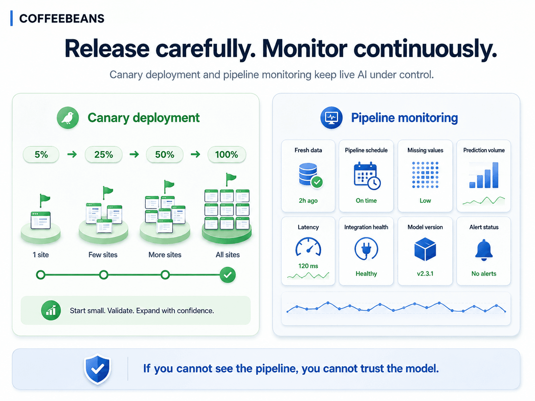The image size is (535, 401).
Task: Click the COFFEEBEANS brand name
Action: (62, 18)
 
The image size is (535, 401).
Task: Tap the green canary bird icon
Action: (68, 117)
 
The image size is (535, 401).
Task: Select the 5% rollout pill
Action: (41, 154)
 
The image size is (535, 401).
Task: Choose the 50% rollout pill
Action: (164, 154)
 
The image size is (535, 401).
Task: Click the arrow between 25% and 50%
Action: (134, 154)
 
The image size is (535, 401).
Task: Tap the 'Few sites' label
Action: (103, 255)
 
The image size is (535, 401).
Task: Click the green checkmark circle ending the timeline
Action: (227, 275)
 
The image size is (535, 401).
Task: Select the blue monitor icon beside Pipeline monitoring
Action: (331, 117)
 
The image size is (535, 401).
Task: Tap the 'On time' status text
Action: (366, 200)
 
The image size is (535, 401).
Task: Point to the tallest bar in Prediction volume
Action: (495, 175)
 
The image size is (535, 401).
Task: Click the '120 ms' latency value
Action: (308, 266)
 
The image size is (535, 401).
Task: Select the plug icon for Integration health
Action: (366, 249)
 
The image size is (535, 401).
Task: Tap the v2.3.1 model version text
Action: (425, 273)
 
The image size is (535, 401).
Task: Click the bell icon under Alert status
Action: (484, 250)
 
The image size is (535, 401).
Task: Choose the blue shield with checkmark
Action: (98, 369)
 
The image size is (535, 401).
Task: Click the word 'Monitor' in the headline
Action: (304, 49)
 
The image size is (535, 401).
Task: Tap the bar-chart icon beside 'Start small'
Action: (51, 311)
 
